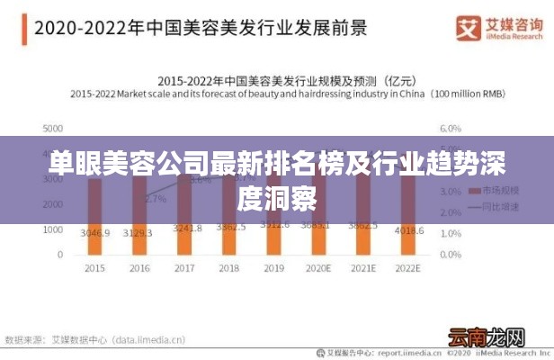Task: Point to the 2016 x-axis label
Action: (139, 268)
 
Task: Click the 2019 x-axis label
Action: (274, 268)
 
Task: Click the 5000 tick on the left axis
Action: (52, 129)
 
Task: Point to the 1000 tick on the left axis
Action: (52, 230)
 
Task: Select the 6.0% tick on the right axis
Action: (449, 129)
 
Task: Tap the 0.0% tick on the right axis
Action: (449, 256)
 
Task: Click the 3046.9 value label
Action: (94, 232)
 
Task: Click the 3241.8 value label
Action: (184, 229)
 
